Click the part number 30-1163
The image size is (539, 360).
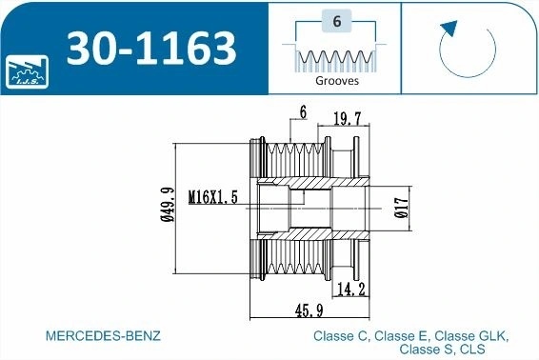point(151,49)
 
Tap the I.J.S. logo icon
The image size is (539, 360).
point(28,71)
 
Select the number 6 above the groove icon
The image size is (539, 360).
point(337,21)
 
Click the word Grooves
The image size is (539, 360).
point(337,81)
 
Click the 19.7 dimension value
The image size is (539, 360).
point(348,119)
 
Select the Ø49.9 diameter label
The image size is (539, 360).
point(168,205)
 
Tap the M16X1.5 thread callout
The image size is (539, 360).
point(213,197)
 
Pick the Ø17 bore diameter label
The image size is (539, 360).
point(402,208)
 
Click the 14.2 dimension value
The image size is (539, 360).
point(351,290)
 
